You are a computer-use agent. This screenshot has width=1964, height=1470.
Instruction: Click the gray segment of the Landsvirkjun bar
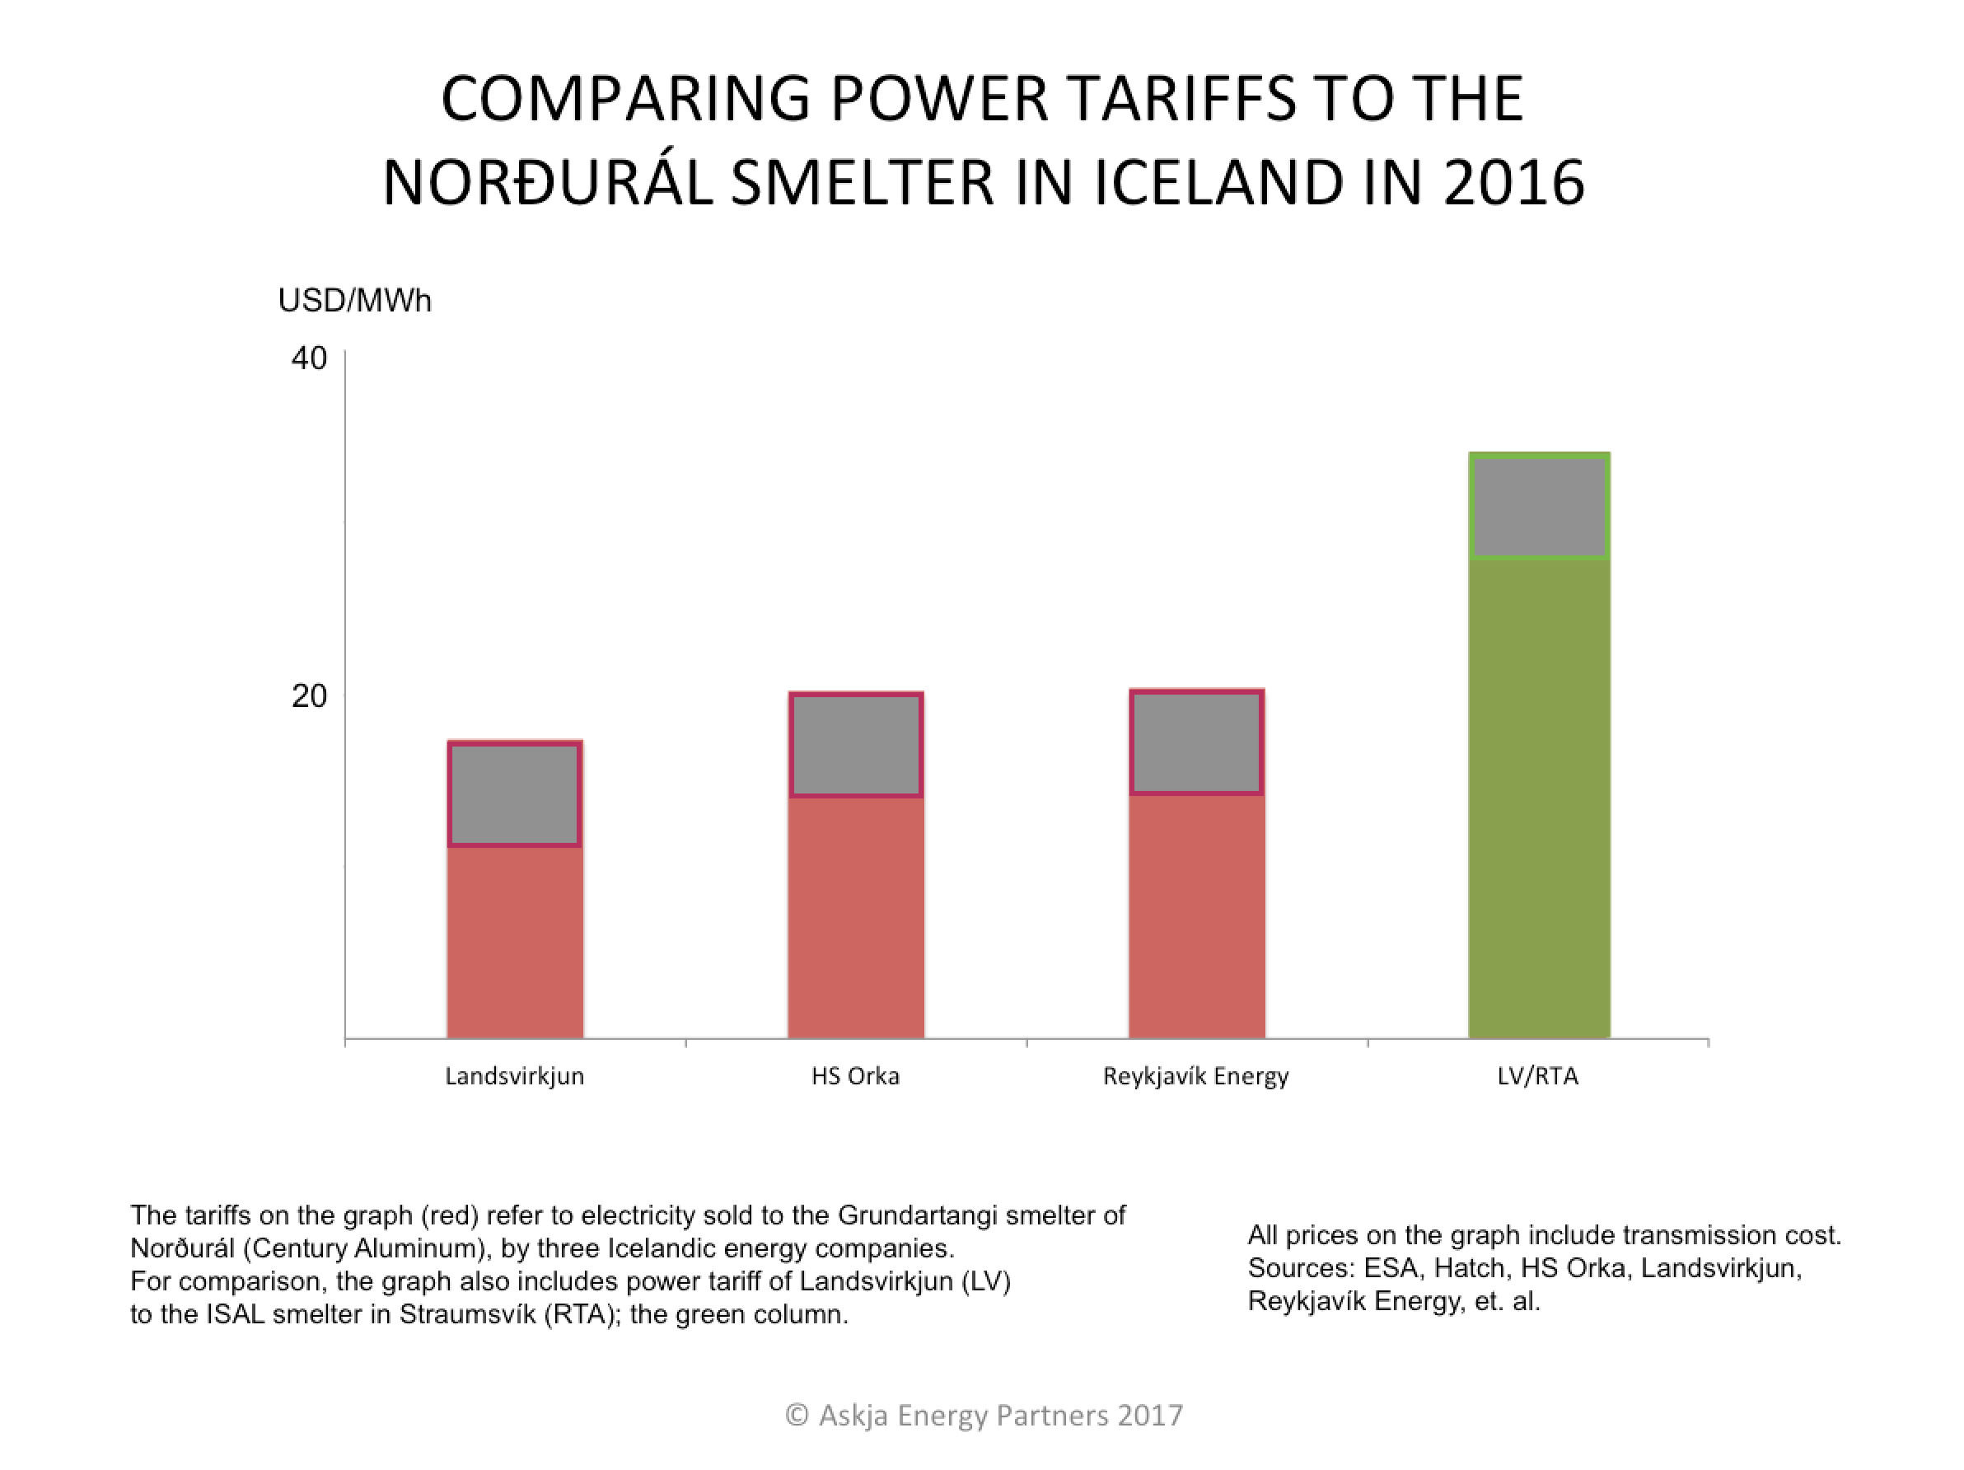point(514,794)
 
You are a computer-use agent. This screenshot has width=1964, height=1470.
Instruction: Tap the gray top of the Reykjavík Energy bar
point(1196,742)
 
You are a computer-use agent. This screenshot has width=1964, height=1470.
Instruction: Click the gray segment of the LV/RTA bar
point(1539,506)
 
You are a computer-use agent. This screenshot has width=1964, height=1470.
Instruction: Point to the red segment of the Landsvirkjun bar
point(514,942)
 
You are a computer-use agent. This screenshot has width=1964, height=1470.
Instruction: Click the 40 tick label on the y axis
point(308,358)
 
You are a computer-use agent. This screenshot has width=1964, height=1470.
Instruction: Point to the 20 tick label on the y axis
point(308,695)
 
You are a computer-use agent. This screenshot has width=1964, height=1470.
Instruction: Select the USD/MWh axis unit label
point(354,301)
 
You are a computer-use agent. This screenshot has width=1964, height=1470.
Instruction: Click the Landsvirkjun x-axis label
point(514,1076)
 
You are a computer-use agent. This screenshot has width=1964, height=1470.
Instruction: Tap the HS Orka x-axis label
point(855,1076)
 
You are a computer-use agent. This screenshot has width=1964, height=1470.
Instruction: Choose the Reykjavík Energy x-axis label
point(1195,1076)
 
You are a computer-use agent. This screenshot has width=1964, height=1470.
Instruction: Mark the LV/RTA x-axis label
point(1538,1076)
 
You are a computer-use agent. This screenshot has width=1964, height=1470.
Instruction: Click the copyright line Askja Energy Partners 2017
point(984,1415)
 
